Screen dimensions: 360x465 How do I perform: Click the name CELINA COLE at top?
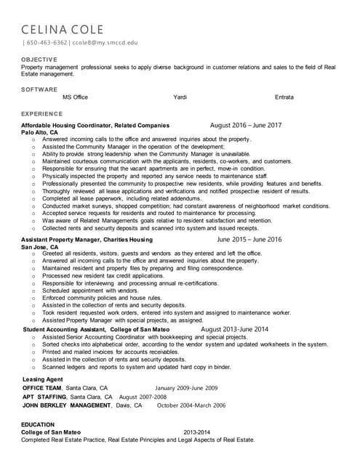(63, 30)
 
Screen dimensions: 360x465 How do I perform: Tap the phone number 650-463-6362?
(47, 43)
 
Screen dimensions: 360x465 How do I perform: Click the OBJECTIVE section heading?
(39, 58)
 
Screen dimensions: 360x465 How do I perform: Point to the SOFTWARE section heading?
(39, 89)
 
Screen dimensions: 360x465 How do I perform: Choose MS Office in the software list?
(75, 97)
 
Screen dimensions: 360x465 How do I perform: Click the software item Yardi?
(180, 97)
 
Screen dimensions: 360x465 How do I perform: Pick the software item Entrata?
(284, 97)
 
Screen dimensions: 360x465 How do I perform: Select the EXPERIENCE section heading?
(42, 114)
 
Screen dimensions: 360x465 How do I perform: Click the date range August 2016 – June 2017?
(245, 125)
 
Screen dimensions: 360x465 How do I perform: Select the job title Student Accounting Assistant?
(64, 329)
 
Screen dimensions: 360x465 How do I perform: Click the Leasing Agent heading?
(43, 379)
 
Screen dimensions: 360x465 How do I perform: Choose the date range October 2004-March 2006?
(191, 405)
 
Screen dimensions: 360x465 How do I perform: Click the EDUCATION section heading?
(38, 424)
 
